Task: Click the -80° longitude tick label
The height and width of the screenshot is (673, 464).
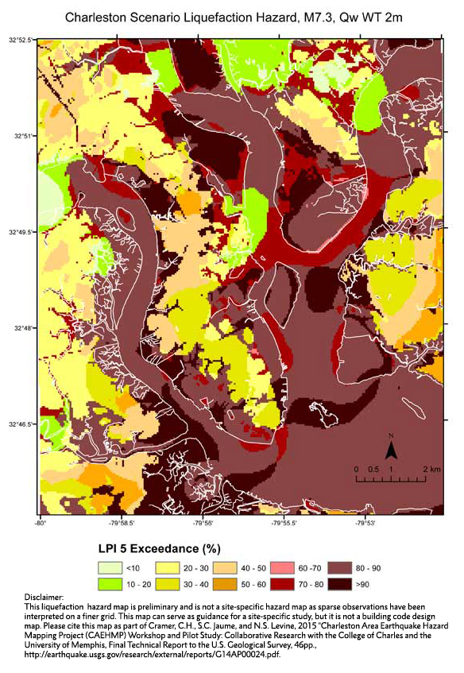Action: pyautogui.click(x=40, y=523)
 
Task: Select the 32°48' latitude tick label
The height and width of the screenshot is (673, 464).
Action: pyautogui.click(x=21, y=327)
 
